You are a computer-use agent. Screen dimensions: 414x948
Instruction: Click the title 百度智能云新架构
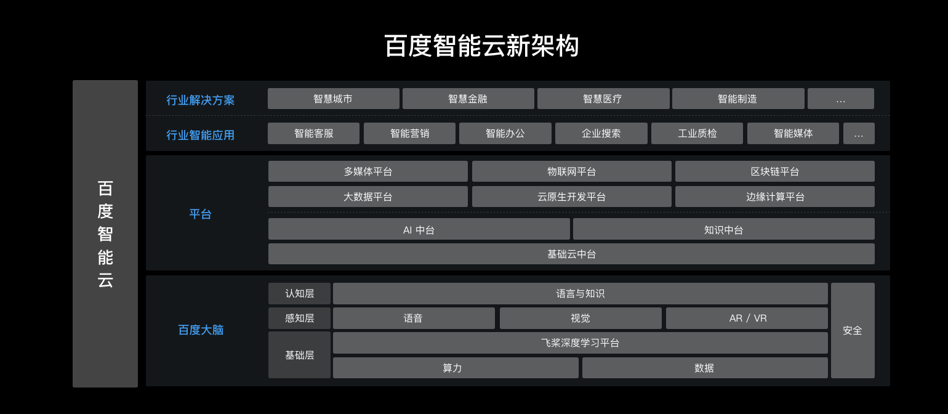coord(481,46)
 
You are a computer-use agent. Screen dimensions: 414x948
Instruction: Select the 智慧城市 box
coord(333,99)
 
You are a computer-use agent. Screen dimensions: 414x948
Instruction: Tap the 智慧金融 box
coord(468,99)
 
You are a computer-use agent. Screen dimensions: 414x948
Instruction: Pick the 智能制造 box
coord(737,99)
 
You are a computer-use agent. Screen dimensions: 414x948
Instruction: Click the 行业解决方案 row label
coord(200,100)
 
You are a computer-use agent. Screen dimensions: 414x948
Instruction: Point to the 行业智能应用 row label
coord(200,135)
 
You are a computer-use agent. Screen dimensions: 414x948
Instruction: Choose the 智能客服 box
coord(313,133)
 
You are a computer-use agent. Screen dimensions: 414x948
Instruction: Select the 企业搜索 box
coord(601,133)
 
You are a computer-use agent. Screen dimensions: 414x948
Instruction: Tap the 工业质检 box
coord(697,133)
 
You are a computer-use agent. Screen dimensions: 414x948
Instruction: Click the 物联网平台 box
coord(571,171)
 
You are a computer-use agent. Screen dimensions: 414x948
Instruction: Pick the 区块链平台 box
coord(774,171)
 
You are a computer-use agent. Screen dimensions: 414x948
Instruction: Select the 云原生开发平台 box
coord(571,197)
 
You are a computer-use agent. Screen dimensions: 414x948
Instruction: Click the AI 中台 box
coord(419,229)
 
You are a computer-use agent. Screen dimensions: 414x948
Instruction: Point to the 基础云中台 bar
coord(571,254)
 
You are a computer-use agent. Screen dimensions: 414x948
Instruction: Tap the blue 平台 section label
coord(200,214)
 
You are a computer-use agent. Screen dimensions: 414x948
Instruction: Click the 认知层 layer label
coord(299,293)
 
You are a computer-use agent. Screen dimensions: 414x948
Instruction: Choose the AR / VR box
coord(747,318)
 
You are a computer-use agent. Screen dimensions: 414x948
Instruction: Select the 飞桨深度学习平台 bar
coord(580,343)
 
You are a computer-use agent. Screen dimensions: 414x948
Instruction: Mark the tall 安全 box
coord(852,330)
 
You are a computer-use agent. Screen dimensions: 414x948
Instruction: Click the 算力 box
coord(456,368)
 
